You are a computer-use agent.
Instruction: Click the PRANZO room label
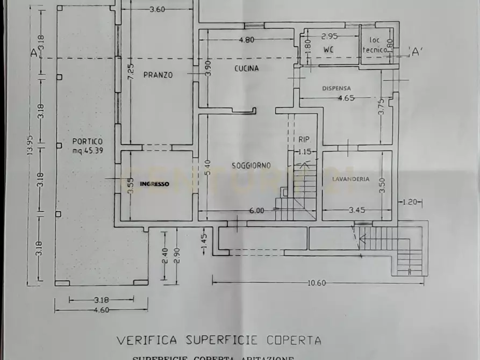158,75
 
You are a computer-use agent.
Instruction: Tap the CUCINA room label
246,68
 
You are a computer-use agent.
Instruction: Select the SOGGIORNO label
251,165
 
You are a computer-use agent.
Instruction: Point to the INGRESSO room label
154,184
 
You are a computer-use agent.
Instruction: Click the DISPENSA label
336,88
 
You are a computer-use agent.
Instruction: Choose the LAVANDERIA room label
350,179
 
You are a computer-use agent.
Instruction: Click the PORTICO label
87,141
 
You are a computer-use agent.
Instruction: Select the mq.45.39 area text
88,150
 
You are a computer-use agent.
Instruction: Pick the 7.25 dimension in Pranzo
131,72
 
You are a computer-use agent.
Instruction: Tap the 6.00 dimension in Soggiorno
256,211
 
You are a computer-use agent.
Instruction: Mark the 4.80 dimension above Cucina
247,39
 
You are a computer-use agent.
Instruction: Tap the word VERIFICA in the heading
148,340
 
